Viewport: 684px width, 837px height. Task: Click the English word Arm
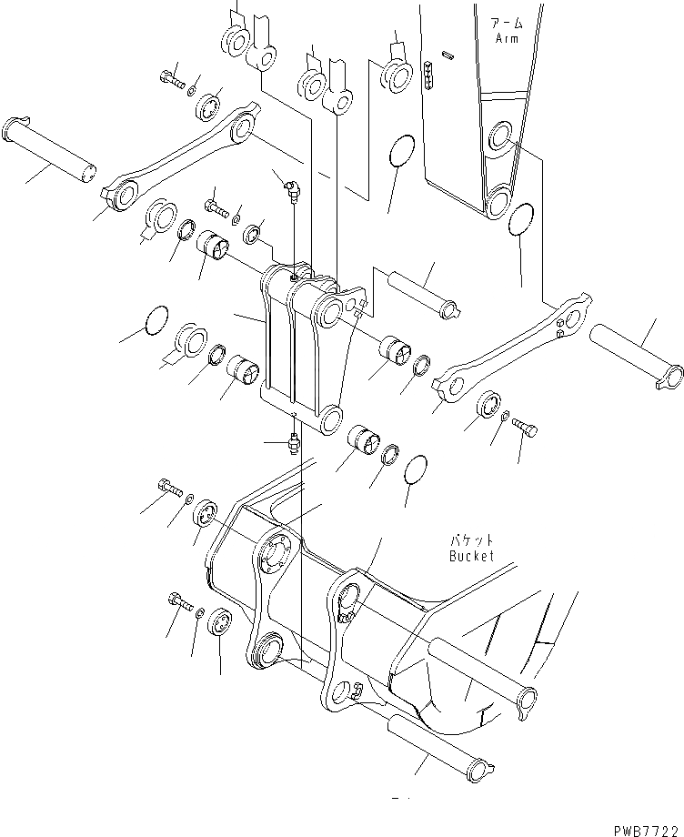506,39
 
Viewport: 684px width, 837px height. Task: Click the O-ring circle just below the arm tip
520,219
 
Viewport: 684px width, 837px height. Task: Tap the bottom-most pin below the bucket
438,744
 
